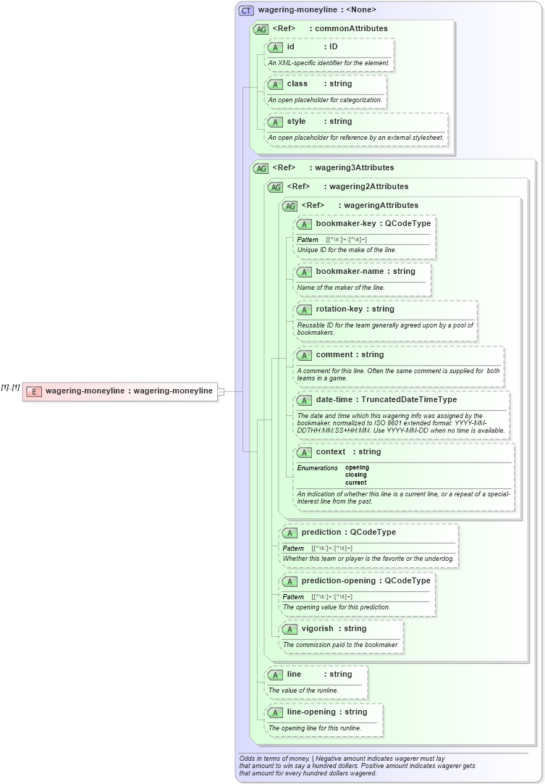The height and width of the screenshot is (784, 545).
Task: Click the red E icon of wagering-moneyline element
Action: point(33,391)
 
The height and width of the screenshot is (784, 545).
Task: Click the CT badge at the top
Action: point(246,10)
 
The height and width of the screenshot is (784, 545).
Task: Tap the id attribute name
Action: point(291,46)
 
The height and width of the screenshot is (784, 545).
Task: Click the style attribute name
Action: point(297,121)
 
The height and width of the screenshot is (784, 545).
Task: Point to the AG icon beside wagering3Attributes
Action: point(261,168)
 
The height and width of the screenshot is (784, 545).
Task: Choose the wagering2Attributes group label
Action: point(369,186)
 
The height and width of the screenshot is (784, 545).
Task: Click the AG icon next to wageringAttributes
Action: point(290,206)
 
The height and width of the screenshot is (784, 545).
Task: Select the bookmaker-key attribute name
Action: point(346,223)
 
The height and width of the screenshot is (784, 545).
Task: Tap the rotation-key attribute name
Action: point(339,309)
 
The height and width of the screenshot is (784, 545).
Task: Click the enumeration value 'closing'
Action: point(356,475)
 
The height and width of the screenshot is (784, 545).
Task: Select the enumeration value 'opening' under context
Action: point(357,467)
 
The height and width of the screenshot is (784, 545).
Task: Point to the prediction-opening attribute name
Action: point(338,580)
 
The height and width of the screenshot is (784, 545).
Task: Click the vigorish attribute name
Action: point(318,628)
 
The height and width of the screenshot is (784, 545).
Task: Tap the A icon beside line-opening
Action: point(275,712)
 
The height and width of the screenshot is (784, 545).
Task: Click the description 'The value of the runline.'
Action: point(303,691)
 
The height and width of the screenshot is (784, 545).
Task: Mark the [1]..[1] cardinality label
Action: point(10,388)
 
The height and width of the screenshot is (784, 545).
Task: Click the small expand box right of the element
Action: point(221,391)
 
